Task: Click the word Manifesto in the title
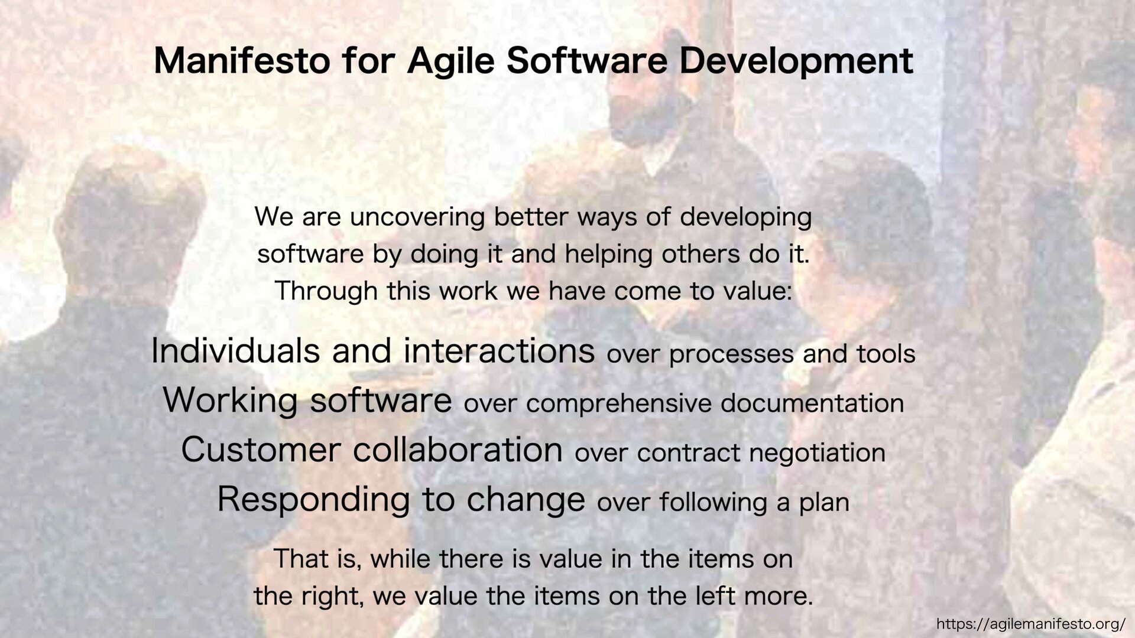(x=242, y=60)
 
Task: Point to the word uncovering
(x=417, y=218)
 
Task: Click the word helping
(x=609, y=255)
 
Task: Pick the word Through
(x=326, y=292)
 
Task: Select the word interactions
(x=500, y=351)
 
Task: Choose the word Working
(x=230, y=401)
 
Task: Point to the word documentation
(x=812, y=403)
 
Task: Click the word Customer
(x=261, y=450)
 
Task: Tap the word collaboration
(x=458, y=450)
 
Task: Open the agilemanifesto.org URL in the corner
(x=1031, y=624)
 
